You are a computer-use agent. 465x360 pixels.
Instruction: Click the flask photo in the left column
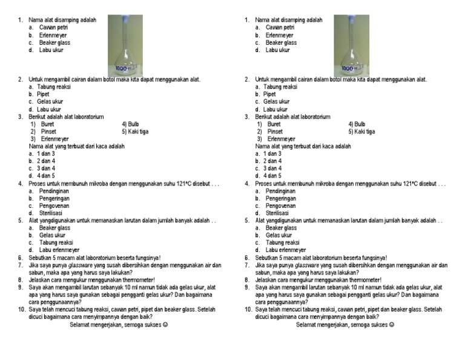coord(125,45)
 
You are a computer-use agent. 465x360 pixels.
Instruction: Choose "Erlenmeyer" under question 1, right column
coord(279,35)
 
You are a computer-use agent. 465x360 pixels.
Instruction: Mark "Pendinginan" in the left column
coord(54,191)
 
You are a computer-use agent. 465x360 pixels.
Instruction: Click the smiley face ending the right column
coord(391,324)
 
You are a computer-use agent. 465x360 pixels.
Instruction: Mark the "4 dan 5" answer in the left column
coord(45,176)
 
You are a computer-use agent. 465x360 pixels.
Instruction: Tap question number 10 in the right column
coord(248,309)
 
